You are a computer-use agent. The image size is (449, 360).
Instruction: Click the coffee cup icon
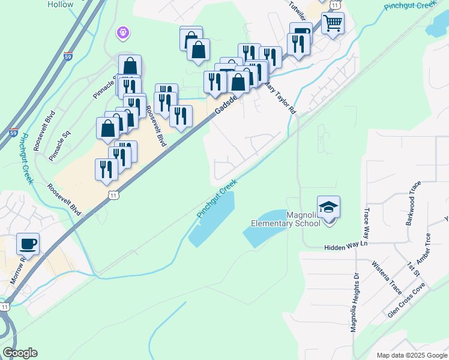(28, 244)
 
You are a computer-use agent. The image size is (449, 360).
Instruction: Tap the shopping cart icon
(333, 24)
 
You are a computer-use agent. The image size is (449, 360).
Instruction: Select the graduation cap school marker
(328, 208)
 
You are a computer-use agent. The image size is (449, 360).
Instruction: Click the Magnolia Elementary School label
(286, 220)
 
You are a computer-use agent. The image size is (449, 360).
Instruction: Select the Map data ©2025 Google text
(411, 355)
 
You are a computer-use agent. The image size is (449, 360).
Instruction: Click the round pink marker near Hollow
(123, 32)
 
